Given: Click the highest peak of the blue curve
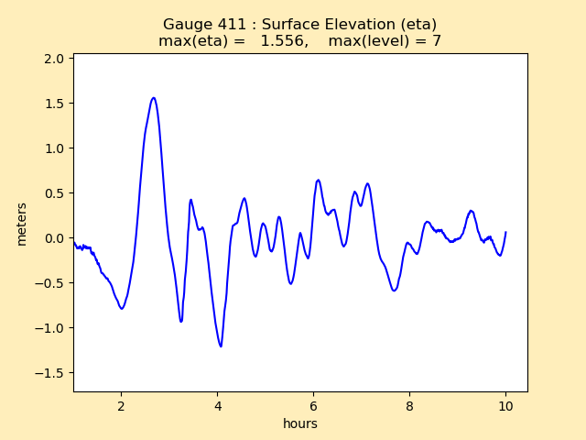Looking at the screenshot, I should (x=153, y=98).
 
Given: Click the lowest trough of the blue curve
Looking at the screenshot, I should (x=221, y=346).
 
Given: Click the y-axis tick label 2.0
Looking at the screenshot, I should (x=54, y=59).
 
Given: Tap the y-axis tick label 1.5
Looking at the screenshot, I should (x=54, y=104).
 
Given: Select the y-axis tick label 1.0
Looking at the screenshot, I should (x=54, y=148).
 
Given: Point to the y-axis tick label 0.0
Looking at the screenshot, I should (x=54, y=238).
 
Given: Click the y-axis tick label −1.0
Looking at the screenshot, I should (x=50, y=328).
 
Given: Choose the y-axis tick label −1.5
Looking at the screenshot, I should (x=50, y=373).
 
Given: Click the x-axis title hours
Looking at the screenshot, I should (x=300, y=423).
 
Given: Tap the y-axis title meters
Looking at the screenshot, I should (x=22, y=224).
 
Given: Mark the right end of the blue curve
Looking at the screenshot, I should (x=505, y=232).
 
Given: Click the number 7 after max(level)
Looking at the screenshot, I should (x=437, y=41).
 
